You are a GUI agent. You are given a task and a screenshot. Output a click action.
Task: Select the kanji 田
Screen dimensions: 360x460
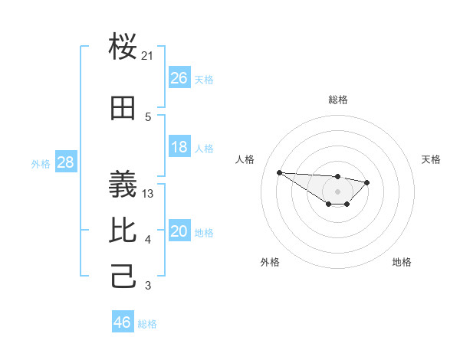pyautogui.click(x=123, y=109)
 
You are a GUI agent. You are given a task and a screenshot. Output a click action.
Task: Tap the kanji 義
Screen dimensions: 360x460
pyautogui.click(x=123, y=184)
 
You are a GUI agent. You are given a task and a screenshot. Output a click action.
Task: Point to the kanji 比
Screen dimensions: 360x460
pyautogui.click(x=123, y=231)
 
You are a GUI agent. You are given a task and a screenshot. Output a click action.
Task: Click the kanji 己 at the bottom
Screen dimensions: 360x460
pyautogui.click(x=123, y=276)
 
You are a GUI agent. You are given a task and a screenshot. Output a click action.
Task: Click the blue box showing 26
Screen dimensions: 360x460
pyautogui.click(x=179, y=78)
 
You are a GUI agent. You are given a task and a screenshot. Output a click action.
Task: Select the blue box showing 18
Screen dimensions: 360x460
pyautogui.click(x=179, y=147)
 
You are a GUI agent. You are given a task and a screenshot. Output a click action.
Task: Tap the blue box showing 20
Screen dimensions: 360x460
pyautogui.click(x=179, y=231)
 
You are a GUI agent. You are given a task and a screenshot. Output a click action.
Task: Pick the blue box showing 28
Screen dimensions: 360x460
pyautogui.click(x=65, y=162)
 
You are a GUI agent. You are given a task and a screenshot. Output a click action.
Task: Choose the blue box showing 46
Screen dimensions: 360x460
pyautogui.click(x=123, y=322)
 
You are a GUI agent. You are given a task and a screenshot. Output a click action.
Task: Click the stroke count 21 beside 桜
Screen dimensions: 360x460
pyautogui.click(x=148, y=56)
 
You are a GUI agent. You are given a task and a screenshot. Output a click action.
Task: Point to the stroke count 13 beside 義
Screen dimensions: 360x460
pyautogui.click(x=148, y=194)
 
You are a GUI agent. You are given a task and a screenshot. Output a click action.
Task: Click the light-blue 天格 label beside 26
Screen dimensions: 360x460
pyautogui.click(x=204, y=79)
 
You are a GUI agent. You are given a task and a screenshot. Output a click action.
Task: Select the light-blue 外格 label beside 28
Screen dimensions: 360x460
pyautogui.click(x=41, y=163)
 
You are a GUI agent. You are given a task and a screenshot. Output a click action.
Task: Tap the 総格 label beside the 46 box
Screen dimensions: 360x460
pyautogui.click(x=147, y=324)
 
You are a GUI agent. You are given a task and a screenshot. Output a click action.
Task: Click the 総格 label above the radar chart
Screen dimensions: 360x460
pyautogui.click(x=337, y=100)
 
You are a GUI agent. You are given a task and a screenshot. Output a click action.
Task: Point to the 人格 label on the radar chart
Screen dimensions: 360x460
pyautogui.click(x=245, y=159)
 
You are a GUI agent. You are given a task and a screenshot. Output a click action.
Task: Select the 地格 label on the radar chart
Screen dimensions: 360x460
pyautogui.click(x=402, y=262)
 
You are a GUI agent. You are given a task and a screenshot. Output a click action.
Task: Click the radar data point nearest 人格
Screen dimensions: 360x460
pyautogui.click(x=279, y=172)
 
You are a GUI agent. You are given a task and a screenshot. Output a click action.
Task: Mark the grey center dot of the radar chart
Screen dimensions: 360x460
pyautogui.click(x=337, y=191)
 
